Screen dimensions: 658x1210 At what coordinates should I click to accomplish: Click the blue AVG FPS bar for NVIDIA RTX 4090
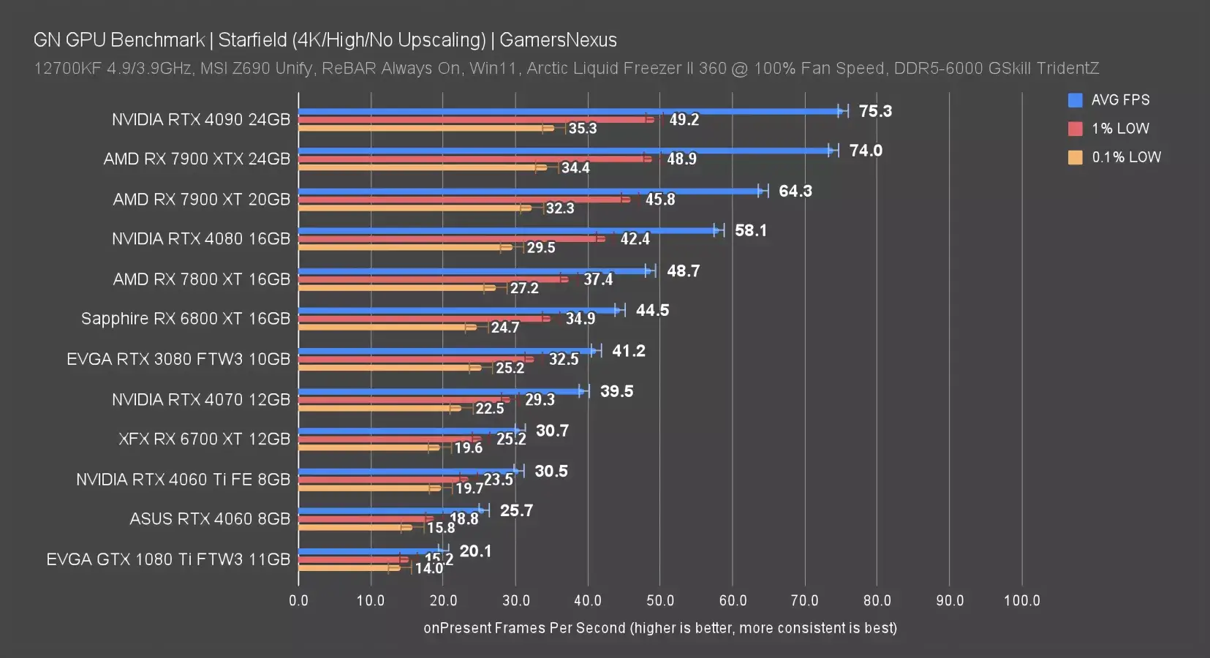coord(570,111)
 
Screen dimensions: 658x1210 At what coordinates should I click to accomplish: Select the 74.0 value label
coord(866,151)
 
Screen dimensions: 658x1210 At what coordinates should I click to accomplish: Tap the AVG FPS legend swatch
coord(1075,100)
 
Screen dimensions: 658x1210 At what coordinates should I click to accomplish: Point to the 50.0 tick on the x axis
coord(660,601)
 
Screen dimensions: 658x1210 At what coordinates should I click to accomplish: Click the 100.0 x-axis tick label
coord(1021,601)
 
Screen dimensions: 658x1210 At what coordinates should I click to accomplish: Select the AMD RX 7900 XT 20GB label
coord(201,200)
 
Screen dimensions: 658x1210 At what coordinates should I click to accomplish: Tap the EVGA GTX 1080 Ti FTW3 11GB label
coord(168,559)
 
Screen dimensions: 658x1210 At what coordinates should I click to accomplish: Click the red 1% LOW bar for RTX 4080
coord(450,239)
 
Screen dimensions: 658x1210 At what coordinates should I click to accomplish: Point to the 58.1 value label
coord(751,230)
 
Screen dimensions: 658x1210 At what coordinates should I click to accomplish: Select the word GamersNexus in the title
coord(558,40)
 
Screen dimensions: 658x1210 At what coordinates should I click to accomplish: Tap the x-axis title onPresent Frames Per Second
coord(524,628)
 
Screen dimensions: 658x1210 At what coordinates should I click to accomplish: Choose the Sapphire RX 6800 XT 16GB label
coord(186,319)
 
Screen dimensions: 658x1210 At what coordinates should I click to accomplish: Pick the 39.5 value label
coord(616,391)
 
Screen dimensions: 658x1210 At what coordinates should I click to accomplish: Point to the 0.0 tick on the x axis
coord(298,601)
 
